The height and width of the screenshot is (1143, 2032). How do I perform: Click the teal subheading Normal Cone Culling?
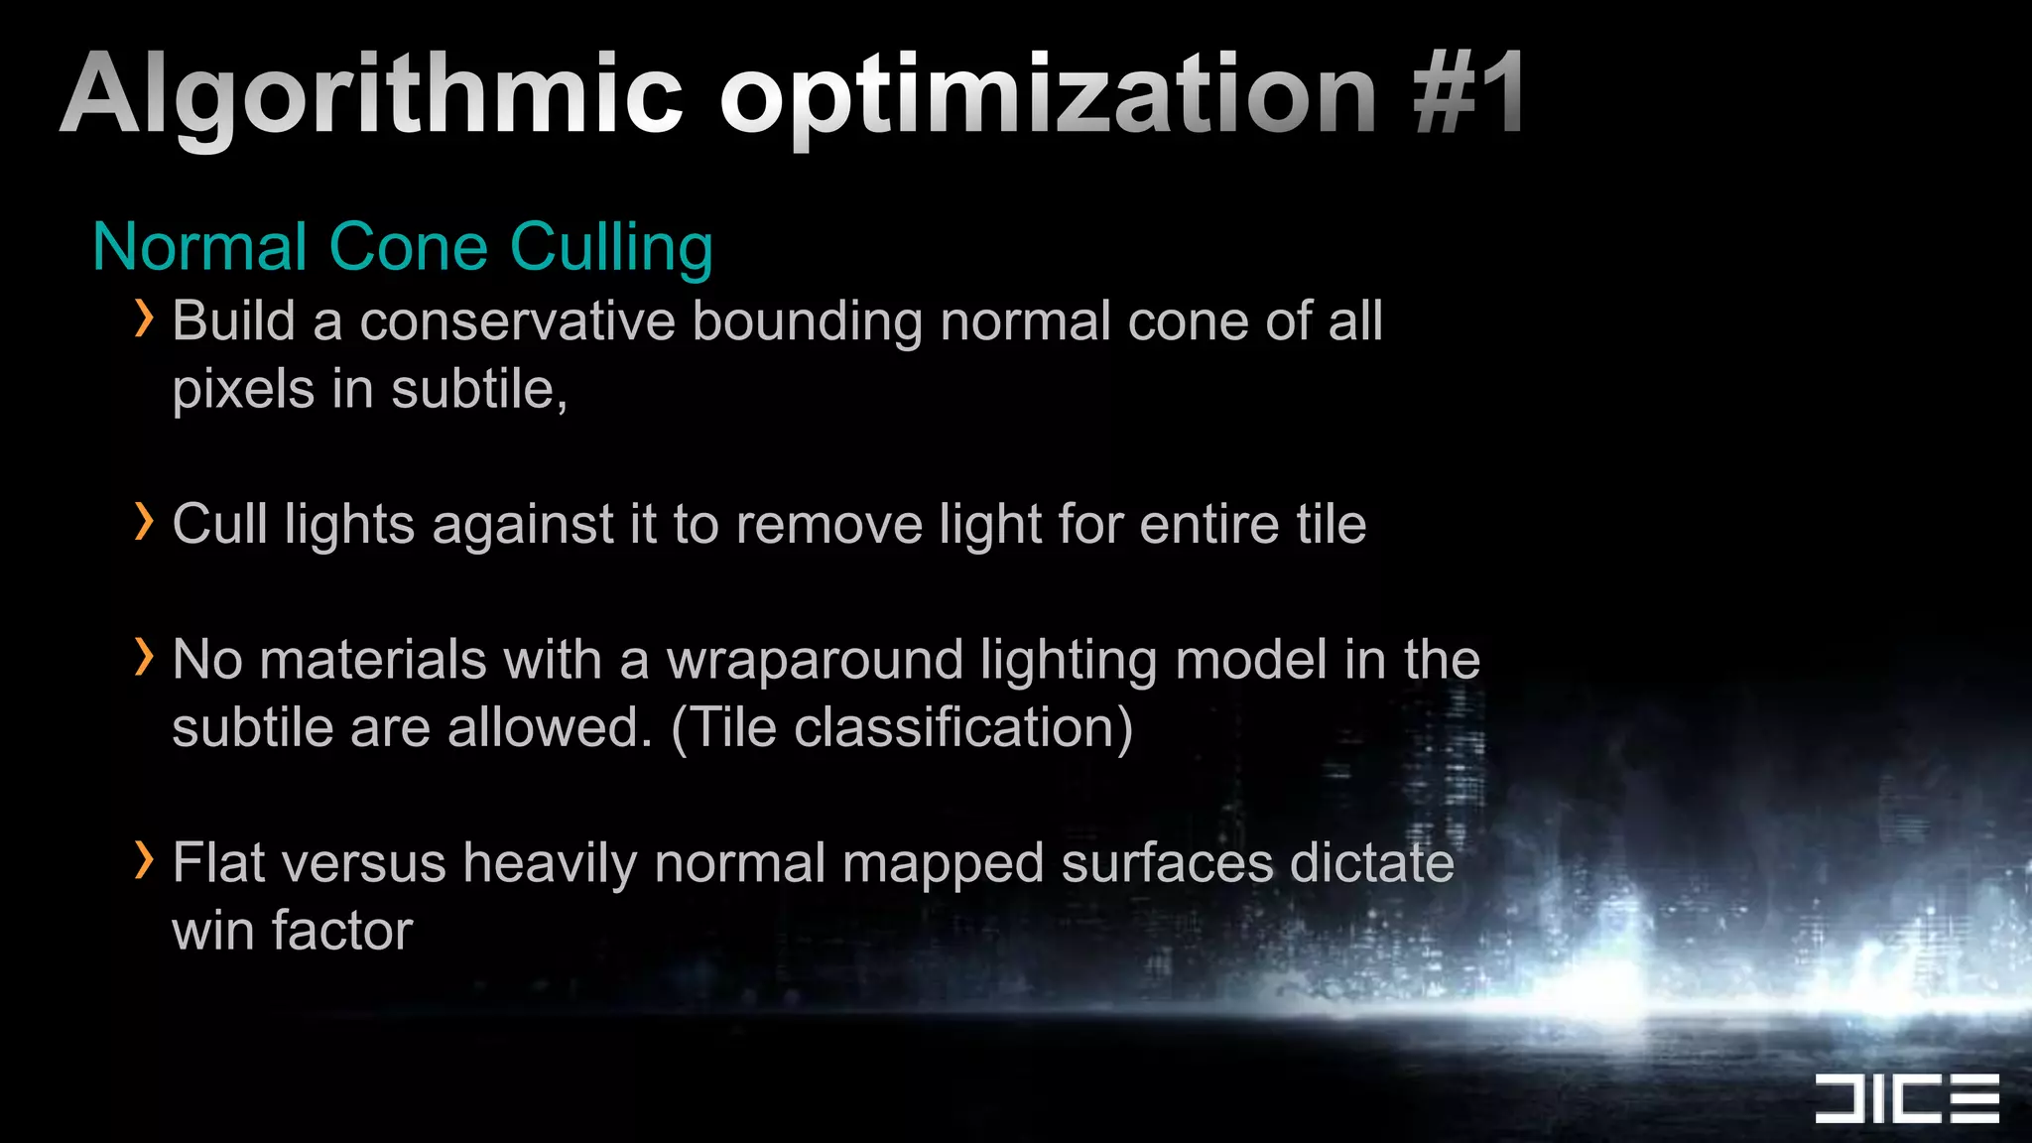(x=403, y=247)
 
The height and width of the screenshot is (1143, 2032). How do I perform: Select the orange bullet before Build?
(x=145, y=319)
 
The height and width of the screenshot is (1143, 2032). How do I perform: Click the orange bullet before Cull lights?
(x=145, y=522)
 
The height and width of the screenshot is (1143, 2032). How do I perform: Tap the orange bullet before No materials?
(x=145, y=658)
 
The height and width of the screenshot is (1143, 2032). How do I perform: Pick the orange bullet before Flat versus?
(x=145, y=860)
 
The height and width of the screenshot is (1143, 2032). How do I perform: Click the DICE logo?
(x=1906, y=1098)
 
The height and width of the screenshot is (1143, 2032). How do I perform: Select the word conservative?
(x=517, y=321)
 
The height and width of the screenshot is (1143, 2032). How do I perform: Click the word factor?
(x=341, y=931)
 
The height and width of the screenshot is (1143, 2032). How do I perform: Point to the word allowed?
(x=549, y=728)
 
